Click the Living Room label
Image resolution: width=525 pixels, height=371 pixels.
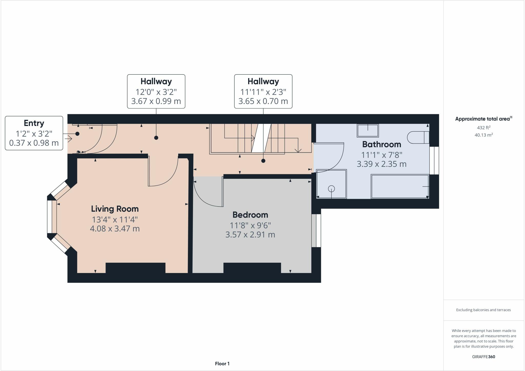115,209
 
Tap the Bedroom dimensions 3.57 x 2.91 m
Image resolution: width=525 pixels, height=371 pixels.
250,235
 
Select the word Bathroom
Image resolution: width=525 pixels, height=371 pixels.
381,144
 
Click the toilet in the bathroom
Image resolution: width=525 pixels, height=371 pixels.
418,138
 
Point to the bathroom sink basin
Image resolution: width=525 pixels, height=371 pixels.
368,131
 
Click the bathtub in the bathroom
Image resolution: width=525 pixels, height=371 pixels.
400,187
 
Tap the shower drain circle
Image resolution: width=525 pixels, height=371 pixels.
331,189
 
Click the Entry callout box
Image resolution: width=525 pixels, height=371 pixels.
34,133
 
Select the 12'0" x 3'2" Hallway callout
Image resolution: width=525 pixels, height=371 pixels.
156,91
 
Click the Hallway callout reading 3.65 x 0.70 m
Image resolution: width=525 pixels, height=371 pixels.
263,91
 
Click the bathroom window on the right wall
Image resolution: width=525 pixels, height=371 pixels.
434,161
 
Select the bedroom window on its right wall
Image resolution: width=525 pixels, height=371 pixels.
316,230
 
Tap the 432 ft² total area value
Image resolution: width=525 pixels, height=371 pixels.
483,128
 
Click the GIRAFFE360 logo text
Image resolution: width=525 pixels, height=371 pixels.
483,357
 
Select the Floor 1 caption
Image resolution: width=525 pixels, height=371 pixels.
222,364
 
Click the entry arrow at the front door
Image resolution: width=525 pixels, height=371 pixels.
68,139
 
